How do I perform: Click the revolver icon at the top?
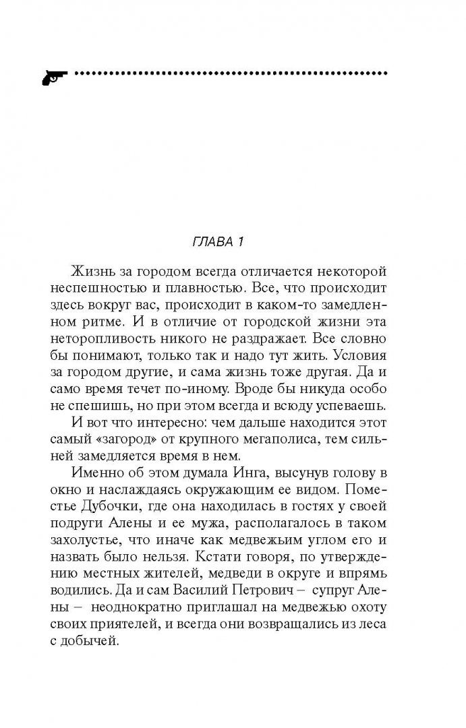pos(52,75)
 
